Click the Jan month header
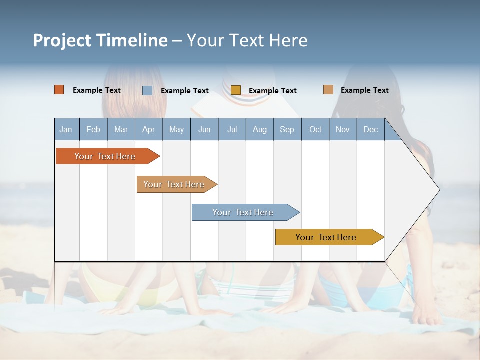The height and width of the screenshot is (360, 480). pos(66,130)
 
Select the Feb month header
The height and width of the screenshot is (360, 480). pos(93,130)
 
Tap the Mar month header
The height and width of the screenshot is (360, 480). pos(121,130)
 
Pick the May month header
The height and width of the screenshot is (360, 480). pos(176,130)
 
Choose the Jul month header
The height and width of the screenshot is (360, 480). pos(232,130)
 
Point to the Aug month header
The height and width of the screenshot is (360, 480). pos(260,130)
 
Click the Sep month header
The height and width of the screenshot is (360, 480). pos(287,130)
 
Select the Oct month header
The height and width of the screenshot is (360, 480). pos(315,130)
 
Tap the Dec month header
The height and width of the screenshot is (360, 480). pos(371,130)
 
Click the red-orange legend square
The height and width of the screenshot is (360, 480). pos(59,90)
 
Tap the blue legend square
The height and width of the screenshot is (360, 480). pos(147,90)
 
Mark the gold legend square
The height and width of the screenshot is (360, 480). pos(236,90)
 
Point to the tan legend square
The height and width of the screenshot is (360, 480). pos(328,90)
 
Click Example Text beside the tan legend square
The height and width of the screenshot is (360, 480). pos(364,90)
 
